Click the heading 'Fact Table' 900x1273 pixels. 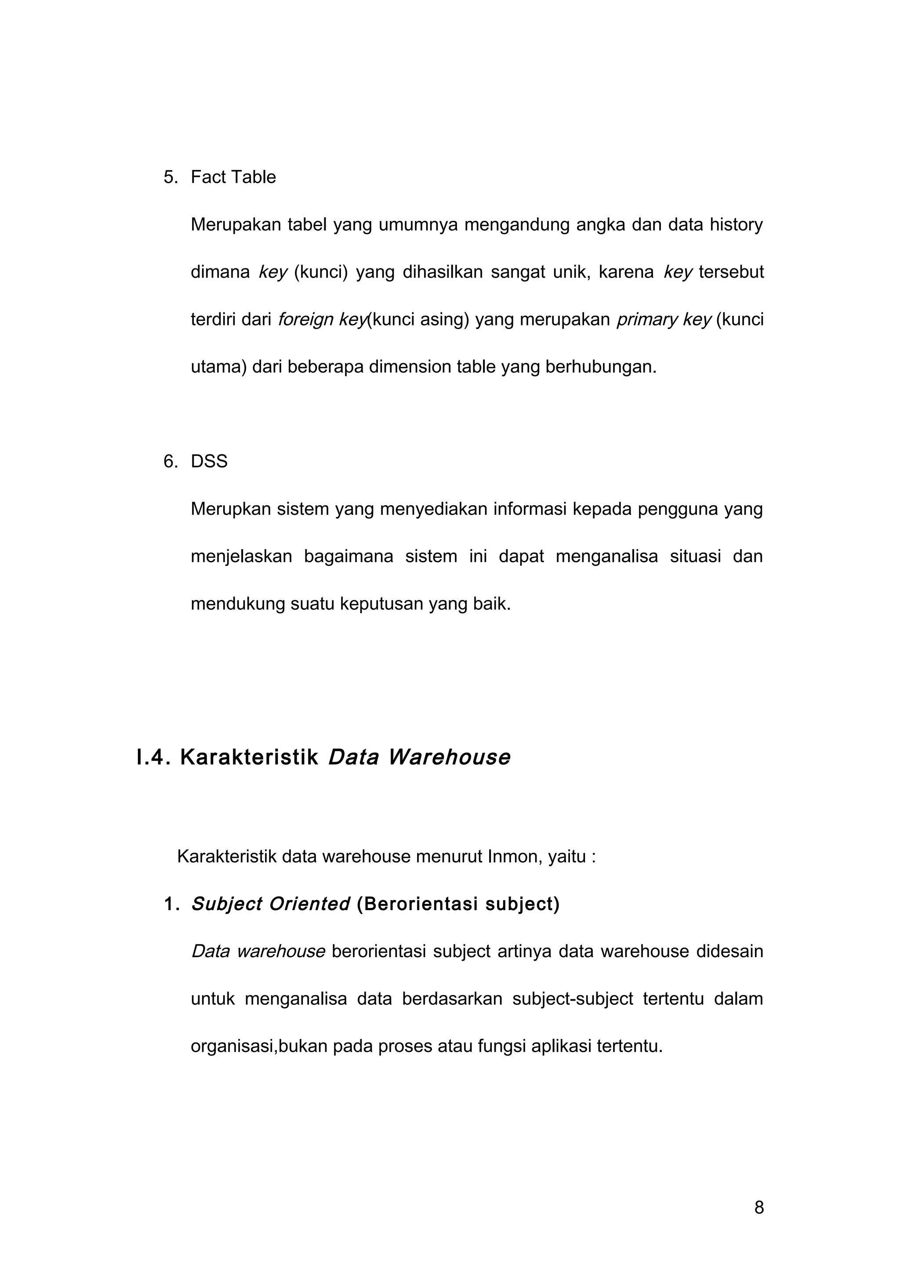pos(233,177)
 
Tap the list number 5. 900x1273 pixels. pos(170,177)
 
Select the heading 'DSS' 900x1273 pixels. pos(209,462)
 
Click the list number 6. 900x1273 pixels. pos(170,462)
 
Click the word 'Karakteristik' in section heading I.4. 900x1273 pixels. pos(249,757)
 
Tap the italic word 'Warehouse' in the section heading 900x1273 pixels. pos(449,757)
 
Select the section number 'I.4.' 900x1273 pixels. pos(154,757)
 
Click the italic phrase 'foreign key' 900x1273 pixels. pos(322,320)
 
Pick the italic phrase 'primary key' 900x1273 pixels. pos(663,320)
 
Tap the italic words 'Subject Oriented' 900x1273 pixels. pos(270,904)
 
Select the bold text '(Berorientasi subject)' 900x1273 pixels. pos(458,904)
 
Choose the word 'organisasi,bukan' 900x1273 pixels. pos(259,1047)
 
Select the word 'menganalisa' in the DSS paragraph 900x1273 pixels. pos(606,556)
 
